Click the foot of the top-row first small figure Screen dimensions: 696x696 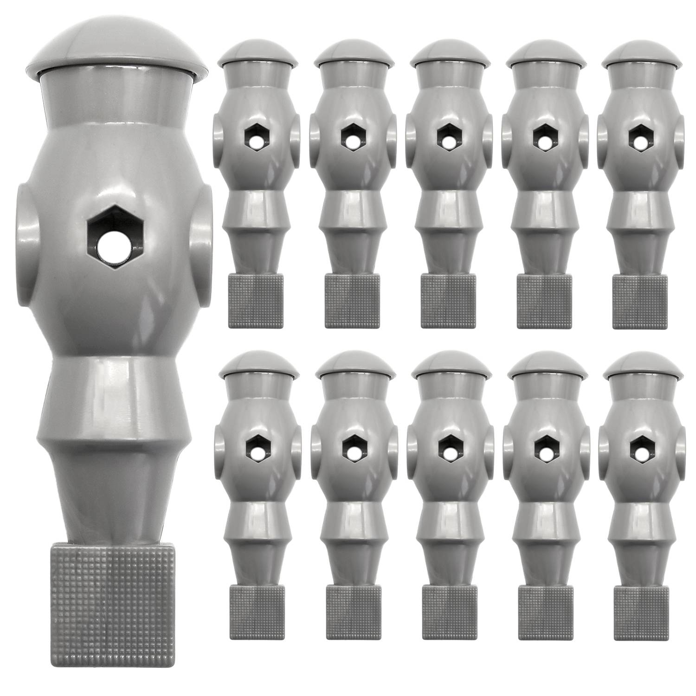[256, 301]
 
